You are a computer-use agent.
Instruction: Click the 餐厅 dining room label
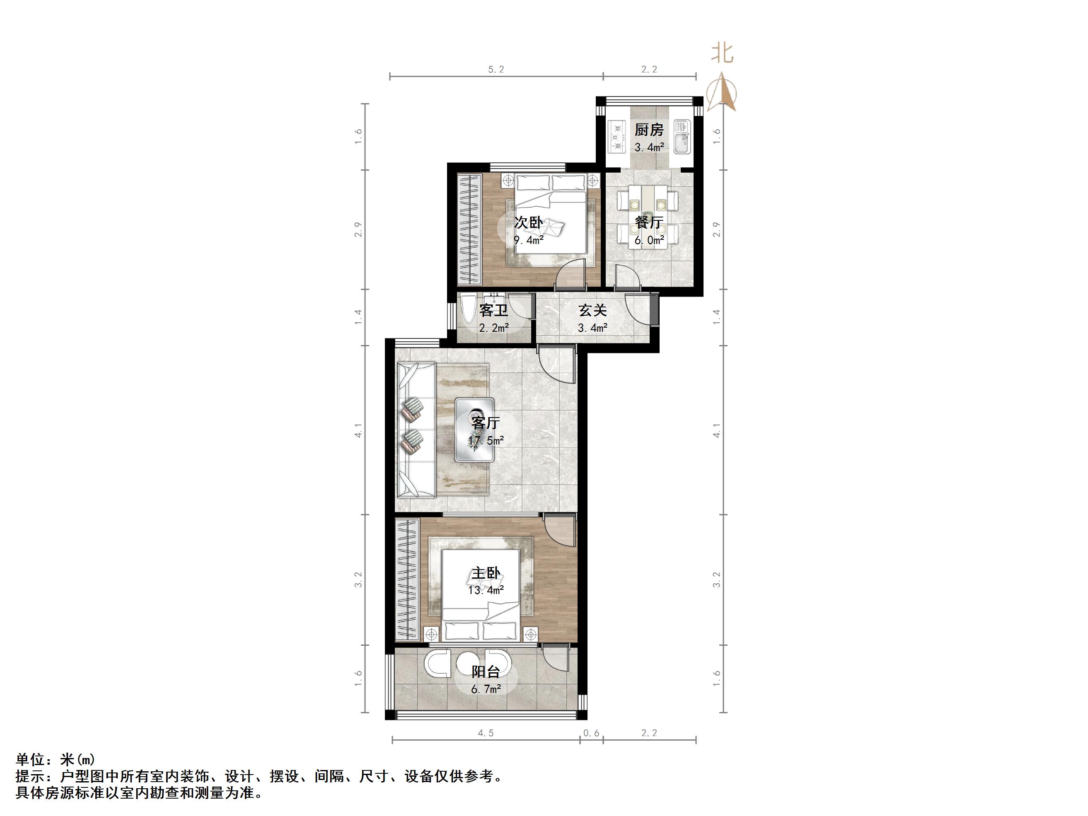point(649,222)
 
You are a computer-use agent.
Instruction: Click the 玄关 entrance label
point(593,310)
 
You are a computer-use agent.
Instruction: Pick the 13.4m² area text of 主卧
point(486,590)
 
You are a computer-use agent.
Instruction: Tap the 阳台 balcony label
point(486,672)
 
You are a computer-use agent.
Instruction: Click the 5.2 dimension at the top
point(496,69)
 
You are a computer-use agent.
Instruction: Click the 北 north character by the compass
point(722,53)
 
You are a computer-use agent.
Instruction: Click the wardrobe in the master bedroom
point(407,579)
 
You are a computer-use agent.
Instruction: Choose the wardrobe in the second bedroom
point(468,229)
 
